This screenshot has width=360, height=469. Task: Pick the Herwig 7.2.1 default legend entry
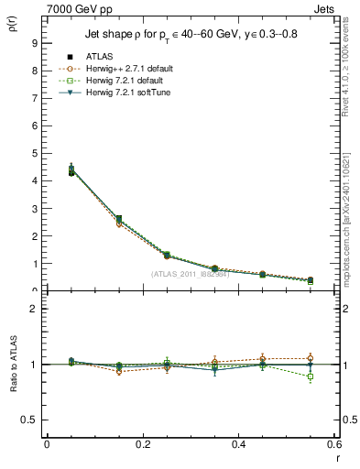122,82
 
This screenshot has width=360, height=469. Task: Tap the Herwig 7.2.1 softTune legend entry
125,93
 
